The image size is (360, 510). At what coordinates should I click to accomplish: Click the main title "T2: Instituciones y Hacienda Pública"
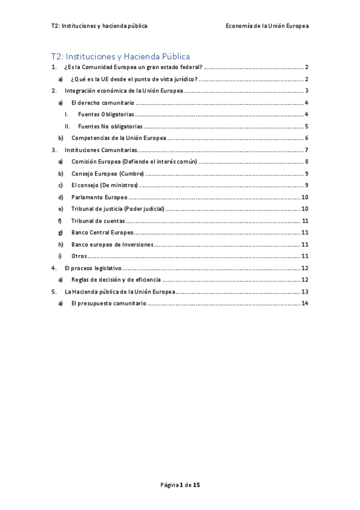coord(120,57)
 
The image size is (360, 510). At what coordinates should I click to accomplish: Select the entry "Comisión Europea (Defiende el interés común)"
coord(134,162)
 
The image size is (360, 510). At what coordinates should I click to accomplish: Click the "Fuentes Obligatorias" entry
coord(106,114)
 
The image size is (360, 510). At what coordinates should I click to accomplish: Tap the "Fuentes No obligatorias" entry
coord(110,126)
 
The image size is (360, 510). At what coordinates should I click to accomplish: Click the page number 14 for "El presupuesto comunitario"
coord(305,303)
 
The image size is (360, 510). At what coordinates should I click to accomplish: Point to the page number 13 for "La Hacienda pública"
coord(305,292)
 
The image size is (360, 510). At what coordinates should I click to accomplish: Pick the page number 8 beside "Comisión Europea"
coord(307,162)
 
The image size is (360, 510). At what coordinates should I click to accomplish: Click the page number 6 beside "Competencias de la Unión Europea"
coord(307,138)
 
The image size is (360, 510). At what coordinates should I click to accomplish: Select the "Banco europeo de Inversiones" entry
coord(112,244)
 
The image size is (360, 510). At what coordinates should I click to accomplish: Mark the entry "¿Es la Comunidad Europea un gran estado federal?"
coord(133,67)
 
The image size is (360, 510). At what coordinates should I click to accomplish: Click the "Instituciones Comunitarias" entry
coord(101,150)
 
